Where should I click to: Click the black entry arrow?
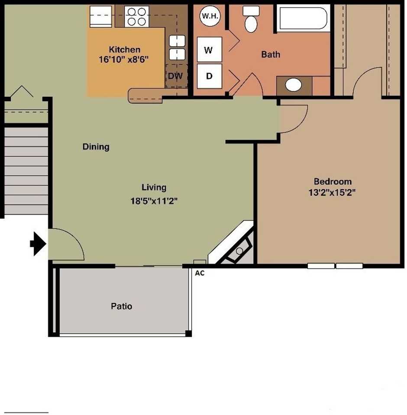pyautogui.click(x=38, y=244)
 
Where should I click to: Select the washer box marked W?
pyautogui.click(x=209, y=50)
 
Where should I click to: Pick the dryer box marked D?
pyautogui.click(x=209, y=76)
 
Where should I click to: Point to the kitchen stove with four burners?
pyautogui.click(x=137, y=16)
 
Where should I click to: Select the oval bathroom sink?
pyautogui.click(x=294, y=85)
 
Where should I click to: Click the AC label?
pyautogui.click(x=200, y=273)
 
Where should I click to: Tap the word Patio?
pyautogui.click(x=122, y=306)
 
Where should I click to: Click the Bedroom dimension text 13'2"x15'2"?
pyautogui.click(x=333, y=193)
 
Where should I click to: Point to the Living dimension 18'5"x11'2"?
pyautogui.click(x=154, y=201)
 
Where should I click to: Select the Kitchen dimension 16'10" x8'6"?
pyautogui.click(x=124, y=60)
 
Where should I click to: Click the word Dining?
pyautogui.click(x=96, y=147)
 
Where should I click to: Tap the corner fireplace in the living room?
pyautogui.click(x=236, y=249)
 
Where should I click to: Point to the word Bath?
pyautogui.click(x=271, y=54)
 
